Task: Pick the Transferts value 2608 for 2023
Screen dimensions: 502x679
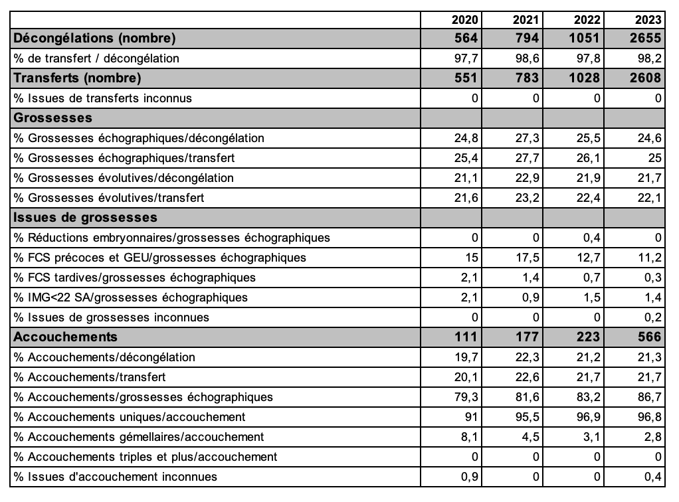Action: (x=644, y=78)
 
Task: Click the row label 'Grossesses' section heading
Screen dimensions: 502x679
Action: (x=52, y=118)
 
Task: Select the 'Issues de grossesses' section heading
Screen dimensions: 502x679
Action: (x=85, y=218)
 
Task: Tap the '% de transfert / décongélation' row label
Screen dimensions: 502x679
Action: (x=96, y=58)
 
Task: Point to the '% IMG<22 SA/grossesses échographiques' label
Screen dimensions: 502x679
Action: (x=131, y=297)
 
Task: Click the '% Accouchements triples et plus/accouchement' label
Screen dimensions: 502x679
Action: (x=145, y=457)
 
